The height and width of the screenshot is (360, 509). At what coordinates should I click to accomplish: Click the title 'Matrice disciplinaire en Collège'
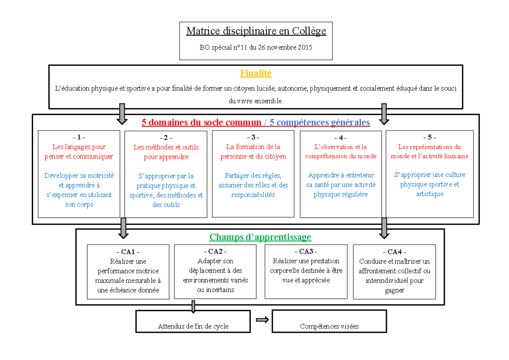point(256,31)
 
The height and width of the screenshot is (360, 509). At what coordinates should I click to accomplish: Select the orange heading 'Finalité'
point(256,73)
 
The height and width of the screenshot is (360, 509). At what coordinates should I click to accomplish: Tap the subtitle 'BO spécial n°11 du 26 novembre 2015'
point(256,48)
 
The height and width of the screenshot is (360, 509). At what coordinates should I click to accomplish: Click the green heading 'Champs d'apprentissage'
point(260,237)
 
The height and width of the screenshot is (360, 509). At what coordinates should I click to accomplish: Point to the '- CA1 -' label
point(128,252)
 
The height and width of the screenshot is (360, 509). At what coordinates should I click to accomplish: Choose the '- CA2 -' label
point(215,251)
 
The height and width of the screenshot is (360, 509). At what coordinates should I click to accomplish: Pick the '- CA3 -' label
point(305,251)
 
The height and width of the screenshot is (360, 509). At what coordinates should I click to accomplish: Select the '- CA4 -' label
point(394,252)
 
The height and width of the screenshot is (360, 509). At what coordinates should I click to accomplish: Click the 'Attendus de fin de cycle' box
point(193,321)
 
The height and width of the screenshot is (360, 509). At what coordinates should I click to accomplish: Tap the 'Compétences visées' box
point(329,321)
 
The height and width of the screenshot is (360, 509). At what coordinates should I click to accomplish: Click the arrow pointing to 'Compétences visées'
point(262,320)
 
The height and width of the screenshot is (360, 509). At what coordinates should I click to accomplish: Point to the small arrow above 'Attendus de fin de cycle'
point(193,307)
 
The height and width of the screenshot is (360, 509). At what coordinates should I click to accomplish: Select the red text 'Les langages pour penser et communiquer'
point(79,152)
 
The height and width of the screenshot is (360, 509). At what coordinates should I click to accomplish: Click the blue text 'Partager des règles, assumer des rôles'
point(253,185)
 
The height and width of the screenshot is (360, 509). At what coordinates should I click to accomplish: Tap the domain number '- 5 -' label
point(429,137)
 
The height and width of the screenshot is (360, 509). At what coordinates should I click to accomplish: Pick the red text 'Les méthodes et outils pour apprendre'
point(166,152)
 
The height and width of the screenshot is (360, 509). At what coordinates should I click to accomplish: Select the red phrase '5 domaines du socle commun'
point(201,123)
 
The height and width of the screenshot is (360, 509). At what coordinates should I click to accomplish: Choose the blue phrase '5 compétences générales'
point(320,123)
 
